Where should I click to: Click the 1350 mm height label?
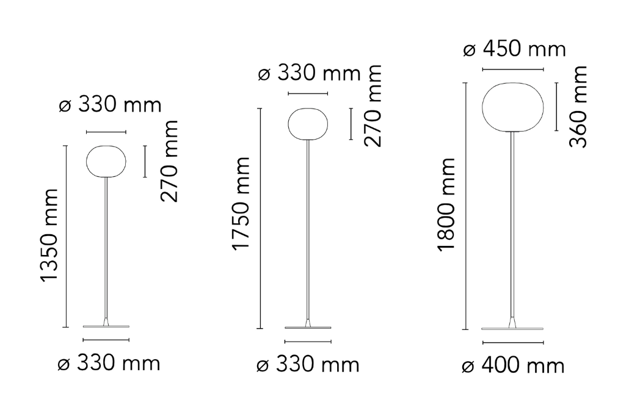(49, 235)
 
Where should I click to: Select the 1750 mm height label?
(241, 204)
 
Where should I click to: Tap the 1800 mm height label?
(446, 205)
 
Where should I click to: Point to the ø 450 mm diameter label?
(514, 49)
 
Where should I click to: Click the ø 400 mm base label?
(513, 366)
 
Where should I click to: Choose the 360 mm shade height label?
(578, 107)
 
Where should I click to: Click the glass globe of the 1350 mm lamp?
(106, 161)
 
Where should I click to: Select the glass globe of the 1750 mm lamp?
(308, 124)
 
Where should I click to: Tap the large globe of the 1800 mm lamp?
(513, 107)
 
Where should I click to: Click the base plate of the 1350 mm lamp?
(106, 326)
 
